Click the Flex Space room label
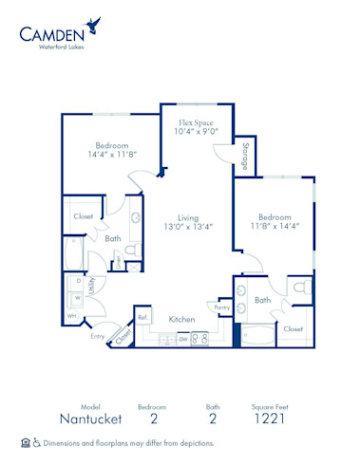pyautogui.click(x=196, y=122)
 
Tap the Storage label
pyautogui.click(x=246, y=157)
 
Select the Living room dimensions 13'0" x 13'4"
pyautogui.click(x=188, y=227)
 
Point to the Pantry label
pyautogui.click(x=222, y=307)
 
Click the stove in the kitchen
pyautogui.click(x=199, y=339)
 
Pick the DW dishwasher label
pyautogui.click(x=183, y=340)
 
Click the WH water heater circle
pyautogui.click(x=72, y=316)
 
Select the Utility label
pyautogui.click(x=92, y=286)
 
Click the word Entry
pyautogui.click(x=98, y=336)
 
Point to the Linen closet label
pyautogui.click(x=118, y=263)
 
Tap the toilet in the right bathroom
pyautogui.click(x=302, y=287)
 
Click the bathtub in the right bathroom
pyautogui.click(x=257, y=335)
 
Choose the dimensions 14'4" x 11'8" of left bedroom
pyautogui.click(x=112, y=155)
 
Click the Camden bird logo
pyautogui.click(x=92, y=26)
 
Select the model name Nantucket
pyautogui.click(x=90, y=418)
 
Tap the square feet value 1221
pyautogui.click(x=270, y=418)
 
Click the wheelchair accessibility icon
pyautogui.click(x=37, y=443)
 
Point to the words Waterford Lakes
pyautogui.click(x=61, y=46)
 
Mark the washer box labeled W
pyautogui.click(x=77, y=298)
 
